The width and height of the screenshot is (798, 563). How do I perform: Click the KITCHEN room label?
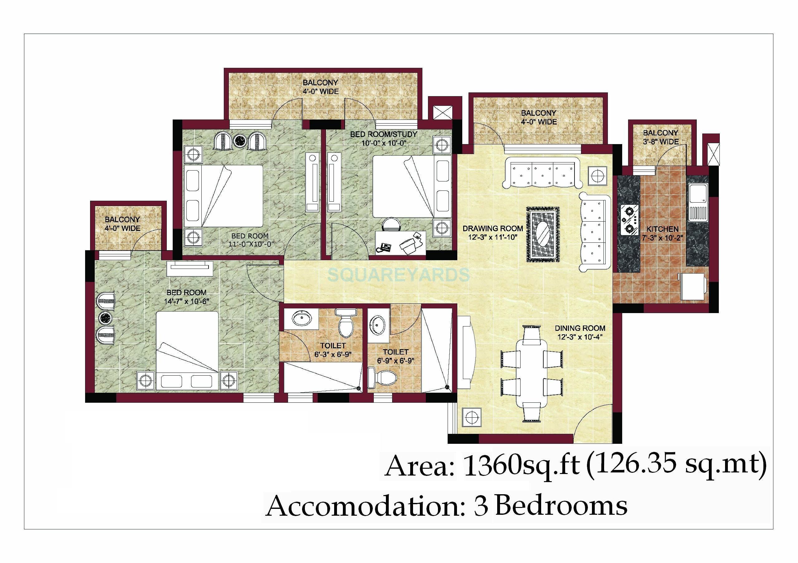pyautogui.click(x=662, y=229)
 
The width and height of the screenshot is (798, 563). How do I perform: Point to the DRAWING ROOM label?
pyautogui.click(x=493, y=228)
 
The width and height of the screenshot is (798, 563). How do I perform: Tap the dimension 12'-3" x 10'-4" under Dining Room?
pyautogui.click(x=579, y=337)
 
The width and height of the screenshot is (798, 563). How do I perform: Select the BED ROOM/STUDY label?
pyautogui.click(x=383, y=134)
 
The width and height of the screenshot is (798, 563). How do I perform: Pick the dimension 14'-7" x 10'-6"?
pyautogui.click(x=186, y=301)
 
